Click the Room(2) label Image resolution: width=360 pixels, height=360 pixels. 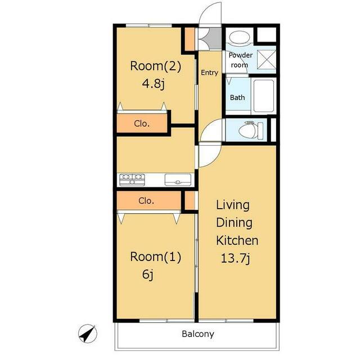155,66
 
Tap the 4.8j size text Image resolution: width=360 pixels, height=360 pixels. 154,84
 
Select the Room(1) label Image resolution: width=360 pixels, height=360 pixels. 155,257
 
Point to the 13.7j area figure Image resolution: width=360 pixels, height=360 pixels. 235,258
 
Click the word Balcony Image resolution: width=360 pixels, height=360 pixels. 198,334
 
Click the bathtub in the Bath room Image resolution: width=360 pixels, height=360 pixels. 264,96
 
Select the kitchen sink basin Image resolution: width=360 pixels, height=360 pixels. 178,180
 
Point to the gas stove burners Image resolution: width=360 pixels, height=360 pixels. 132,179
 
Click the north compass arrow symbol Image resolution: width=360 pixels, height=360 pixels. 88,334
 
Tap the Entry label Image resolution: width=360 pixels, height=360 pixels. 209,73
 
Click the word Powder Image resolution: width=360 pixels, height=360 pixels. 241,55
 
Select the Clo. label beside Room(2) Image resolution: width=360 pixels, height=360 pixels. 142,124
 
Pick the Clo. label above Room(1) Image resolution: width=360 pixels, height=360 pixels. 146,201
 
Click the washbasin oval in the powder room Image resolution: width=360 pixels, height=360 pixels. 240,37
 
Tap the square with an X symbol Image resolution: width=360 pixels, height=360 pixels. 266,59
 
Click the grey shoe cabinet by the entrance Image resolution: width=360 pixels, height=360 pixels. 214,38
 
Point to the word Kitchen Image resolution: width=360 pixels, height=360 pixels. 237,240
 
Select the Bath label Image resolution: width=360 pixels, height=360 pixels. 237,97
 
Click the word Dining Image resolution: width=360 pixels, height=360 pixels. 234,223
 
